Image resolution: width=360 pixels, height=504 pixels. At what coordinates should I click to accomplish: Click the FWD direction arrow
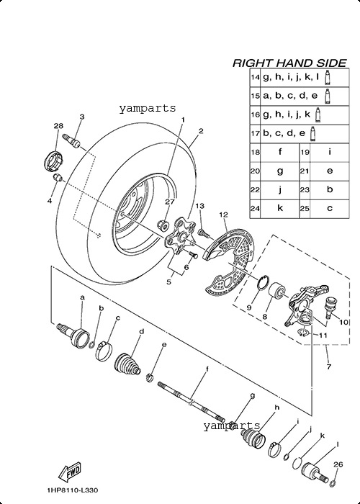click(x=69, y=472)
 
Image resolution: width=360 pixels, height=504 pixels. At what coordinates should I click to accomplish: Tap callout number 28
click(x=58, y=125)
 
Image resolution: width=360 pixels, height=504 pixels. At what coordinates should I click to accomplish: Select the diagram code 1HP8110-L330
click(x=72, y=490)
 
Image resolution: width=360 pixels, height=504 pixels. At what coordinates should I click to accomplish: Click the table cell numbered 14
click(x=255, y=78)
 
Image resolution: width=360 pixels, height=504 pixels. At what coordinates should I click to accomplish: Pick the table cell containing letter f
click(x=279, y=153)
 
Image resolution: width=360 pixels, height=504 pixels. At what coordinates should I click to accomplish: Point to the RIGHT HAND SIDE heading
click(x=289, y=63)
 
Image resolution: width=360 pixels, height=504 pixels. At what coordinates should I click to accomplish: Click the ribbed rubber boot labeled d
click(x=127, y=366)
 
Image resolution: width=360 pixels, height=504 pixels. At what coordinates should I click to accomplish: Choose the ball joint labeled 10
click(x=332, y=307)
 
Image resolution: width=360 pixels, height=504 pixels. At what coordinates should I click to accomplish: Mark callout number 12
click(x=224, y=215)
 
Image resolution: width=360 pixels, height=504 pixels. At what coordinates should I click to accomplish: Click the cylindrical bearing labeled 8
click(x=276, y=291)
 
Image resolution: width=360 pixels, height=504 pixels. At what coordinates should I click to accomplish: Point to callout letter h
click(x=276, y=408)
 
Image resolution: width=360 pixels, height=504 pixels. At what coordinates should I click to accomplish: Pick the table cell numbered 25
click(x=305, y=209)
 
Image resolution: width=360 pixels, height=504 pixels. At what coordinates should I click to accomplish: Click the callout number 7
click(x=328, y=366)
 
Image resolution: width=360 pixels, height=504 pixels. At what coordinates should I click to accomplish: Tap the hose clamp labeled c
click(x=104, y=351)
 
